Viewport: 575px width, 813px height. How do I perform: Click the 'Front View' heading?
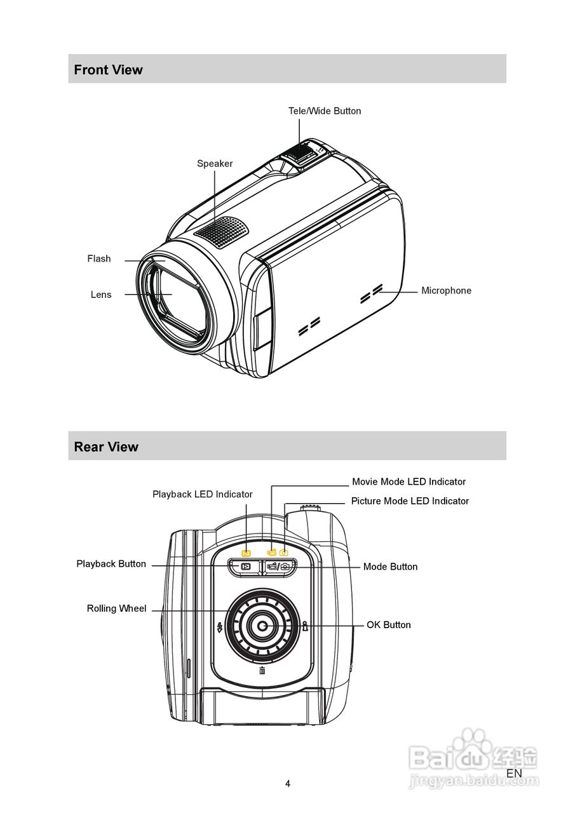click(x=108, y=70)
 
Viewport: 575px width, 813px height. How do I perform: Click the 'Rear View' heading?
click(x=105, y=447)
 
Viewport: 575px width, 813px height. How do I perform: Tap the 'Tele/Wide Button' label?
click(x=325, y=111)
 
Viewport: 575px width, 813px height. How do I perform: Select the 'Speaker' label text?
click(x=215, y=164)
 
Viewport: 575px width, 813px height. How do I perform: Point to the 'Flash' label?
click(x=99, y=259)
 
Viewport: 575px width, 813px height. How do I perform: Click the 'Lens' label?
click(x=101, y=295)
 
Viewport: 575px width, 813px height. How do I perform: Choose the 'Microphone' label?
click(x=446, y=291)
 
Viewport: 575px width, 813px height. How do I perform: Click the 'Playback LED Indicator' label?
click(x=202, y=494)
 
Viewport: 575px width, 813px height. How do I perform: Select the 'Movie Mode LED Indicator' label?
click(x=409, y=482)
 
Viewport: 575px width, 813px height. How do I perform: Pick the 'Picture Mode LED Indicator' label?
click(x=410, y=501)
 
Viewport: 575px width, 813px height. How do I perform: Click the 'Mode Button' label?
click(x=390, y=567)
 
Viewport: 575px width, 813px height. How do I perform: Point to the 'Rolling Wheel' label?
click(x=116, y=608)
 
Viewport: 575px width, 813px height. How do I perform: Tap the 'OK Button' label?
click(x=388, y=625)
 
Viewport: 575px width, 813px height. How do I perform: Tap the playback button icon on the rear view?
click(x=245, y=567)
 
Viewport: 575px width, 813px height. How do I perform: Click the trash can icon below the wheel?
click(x=262, y=671)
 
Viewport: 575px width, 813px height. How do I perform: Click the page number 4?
click(x=288, y=784)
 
